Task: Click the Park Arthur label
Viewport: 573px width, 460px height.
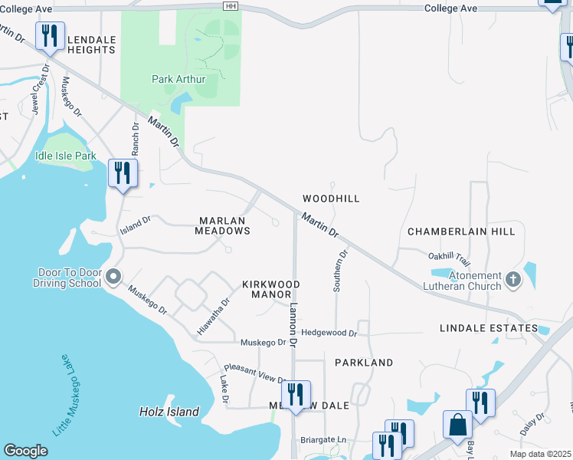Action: pos(178,78)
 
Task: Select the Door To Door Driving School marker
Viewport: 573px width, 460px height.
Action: pos(113,276)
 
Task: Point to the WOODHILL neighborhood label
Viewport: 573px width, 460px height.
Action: pos(331,199)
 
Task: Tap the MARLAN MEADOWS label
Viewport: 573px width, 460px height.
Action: pos(222,225)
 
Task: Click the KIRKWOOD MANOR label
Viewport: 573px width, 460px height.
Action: pos(271,289)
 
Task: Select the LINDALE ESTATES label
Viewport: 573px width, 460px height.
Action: pos(489,328)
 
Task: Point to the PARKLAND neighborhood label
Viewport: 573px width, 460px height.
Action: pos(364,363)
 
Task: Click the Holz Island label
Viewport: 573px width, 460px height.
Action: pos(169,412)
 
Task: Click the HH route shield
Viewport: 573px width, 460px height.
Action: pos(231,6)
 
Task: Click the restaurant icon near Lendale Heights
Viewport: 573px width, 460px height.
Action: pos(50,36)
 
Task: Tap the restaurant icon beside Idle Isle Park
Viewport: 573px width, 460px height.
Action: pos(122,172)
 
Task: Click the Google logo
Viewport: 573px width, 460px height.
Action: pos(25,451)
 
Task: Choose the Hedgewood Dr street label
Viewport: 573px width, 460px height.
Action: pos(329,333)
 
